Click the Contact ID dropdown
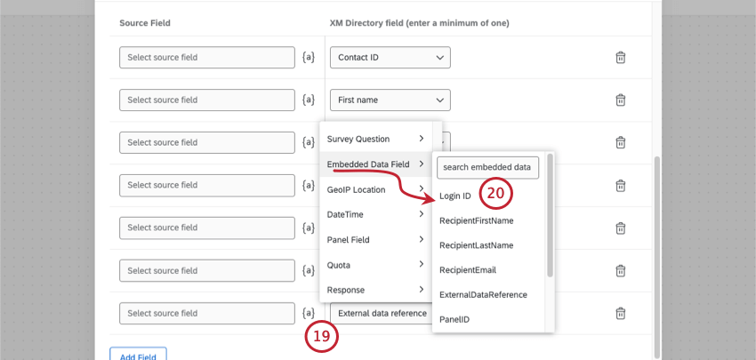[390, 58]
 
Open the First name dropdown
[390, 100]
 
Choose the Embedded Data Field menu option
[368, 164]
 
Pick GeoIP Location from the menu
[357, 189]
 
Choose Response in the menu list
[346, 289]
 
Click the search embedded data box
[487, 167]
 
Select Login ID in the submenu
[455, 196]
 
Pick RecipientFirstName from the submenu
[476, 220]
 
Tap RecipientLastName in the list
[476, 244]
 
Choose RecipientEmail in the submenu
[468, 269]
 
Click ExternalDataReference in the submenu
[483, 294]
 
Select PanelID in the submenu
[454, 317]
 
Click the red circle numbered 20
[497, 193]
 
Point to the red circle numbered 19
[323, 337]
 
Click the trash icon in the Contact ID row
[621, 58]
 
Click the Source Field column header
[145, 21]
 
